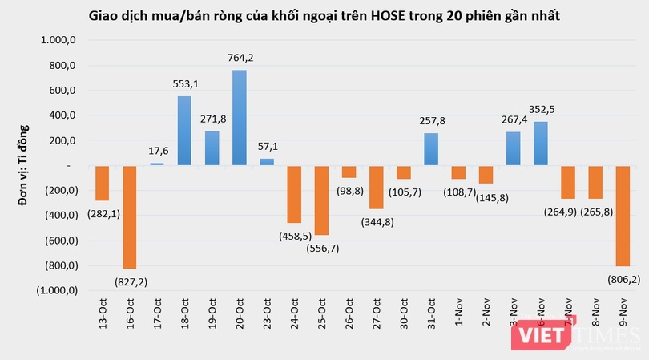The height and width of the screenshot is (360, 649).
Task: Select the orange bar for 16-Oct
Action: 129,216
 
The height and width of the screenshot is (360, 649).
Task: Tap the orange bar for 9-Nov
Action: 622,216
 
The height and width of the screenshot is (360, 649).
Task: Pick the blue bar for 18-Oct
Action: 184,131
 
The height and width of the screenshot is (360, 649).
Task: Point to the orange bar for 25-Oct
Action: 321,200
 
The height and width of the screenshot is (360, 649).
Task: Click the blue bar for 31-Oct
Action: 431,149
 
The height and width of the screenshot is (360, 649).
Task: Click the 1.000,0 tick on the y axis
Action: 58,41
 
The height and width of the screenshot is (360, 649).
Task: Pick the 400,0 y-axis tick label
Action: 62,115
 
